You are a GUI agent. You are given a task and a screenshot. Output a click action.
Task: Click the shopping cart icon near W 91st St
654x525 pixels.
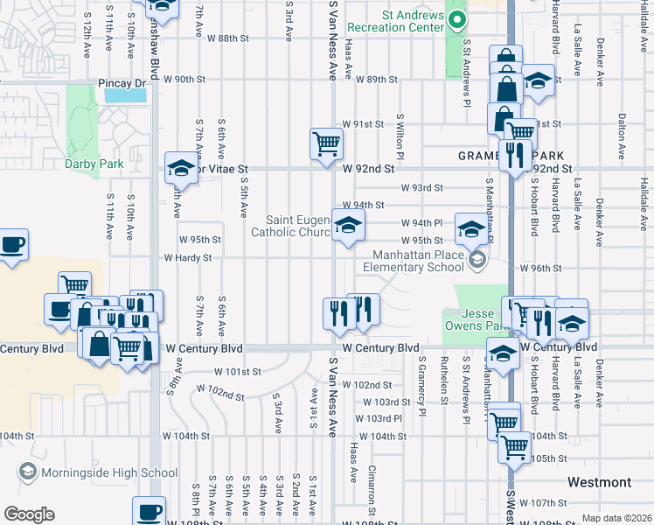pyautogui.click(x=326, y=143)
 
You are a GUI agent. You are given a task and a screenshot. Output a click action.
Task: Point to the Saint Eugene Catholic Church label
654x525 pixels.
pyautogui.click(x=289, y=226)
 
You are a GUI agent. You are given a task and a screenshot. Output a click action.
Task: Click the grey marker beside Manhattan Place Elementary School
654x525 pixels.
pyautogui.click(x=477, y=258)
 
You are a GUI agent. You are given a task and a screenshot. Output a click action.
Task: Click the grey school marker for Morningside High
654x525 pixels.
pyautogui.click(x=27, y=472)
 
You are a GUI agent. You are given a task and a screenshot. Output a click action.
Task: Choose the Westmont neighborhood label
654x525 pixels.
pyautogui.click(x=599, y=482)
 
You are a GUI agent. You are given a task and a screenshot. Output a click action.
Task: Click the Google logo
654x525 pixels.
pyautogui.click(x=28, y=514)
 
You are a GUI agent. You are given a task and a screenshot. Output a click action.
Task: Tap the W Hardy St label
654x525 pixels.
pyautogui.click(x=188, y=258)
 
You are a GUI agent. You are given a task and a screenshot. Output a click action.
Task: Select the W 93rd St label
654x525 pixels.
pyautogui.click(x=422, y=187)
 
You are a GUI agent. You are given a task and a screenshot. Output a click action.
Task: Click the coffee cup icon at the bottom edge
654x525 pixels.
pyautogui.click(x=148, y=511)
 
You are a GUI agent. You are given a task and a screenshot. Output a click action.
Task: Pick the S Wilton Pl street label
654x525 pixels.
pyautogui.click(x=400, y=136)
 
